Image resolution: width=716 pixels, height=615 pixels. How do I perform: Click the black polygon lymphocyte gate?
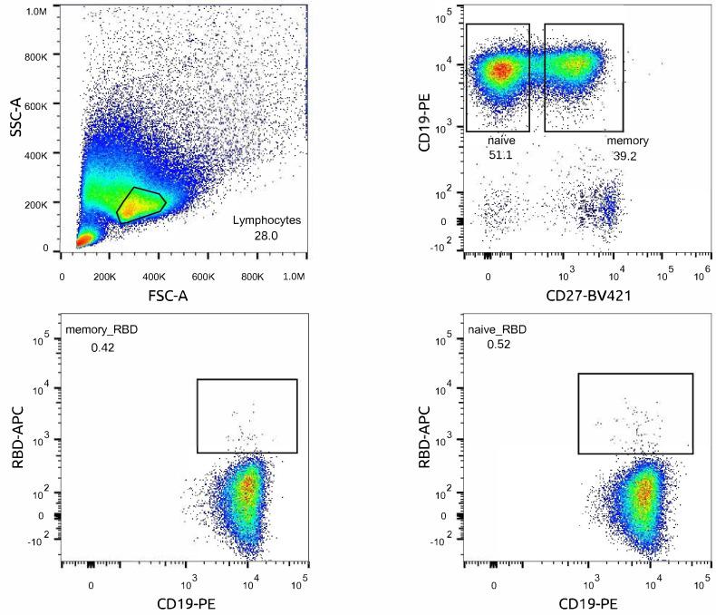click(x=140, y=205)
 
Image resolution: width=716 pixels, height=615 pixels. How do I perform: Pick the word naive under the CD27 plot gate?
click(x=500, y=142)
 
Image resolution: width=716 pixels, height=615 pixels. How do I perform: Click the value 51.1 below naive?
click(x=500, y=156)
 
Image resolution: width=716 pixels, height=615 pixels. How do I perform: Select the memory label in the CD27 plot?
click(x=627, y=142)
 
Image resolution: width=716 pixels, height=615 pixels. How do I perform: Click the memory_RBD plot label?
click(x=102, y=329)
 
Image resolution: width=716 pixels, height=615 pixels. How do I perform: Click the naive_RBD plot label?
click(x=497, y=329)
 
